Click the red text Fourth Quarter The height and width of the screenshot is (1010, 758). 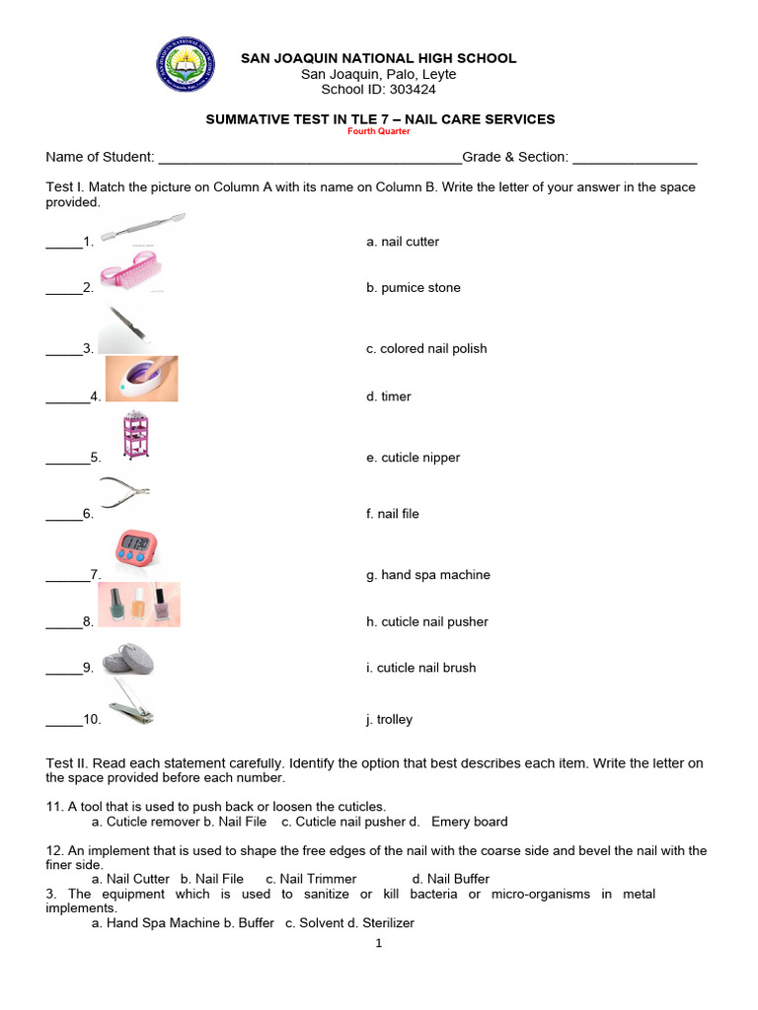point(379,131)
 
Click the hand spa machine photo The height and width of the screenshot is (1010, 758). point(141,379)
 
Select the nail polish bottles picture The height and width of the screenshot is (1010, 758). point(138,604)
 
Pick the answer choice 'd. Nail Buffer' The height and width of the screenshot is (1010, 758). point(450,879)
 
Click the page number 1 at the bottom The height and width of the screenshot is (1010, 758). point(378,944)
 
